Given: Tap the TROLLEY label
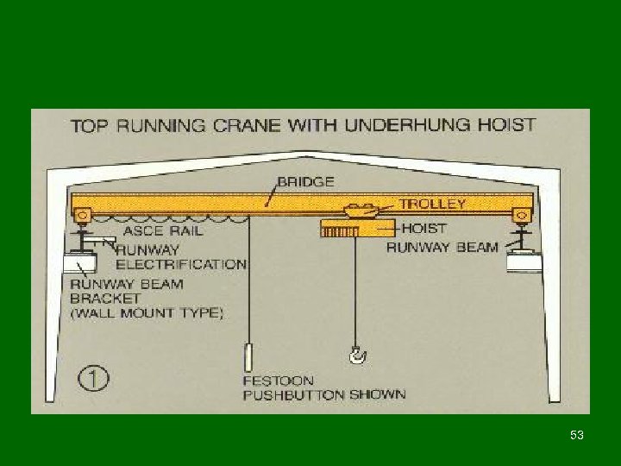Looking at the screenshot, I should tap(432, 205).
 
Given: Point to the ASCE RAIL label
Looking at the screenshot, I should tap(165, 230).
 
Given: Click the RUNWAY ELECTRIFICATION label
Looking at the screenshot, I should tap(181, 255).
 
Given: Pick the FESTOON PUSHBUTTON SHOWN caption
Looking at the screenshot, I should tap(323, 387).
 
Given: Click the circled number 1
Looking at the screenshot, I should tap(91, 378).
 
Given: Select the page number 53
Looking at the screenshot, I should tap(577, 436).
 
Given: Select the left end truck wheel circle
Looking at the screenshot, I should tap(83, 214).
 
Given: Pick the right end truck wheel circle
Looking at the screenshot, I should tap(520, 214).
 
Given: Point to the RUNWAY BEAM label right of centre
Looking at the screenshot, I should tap(442, 248).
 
